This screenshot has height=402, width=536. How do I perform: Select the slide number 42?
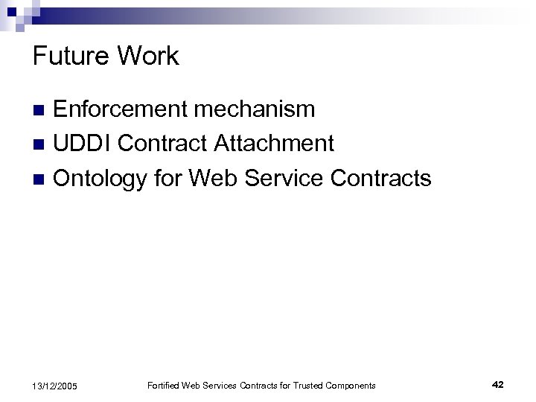pyautogui.click(x=498, y=384)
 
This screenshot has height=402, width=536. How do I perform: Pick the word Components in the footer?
pyautogui.click(x=351, y=385)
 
